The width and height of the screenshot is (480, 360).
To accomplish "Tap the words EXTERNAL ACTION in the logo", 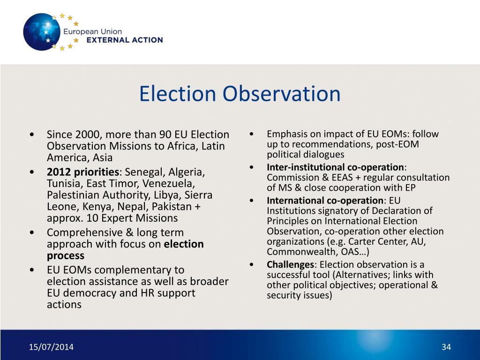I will click(125, 40).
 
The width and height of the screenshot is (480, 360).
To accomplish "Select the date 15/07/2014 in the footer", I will click(51, 347).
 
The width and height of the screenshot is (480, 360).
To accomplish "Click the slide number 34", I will click(446, 347).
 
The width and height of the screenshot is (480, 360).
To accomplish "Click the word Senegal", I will click(143, 171).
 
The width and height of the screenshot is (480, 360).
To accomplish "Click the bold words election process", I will click(125, 250).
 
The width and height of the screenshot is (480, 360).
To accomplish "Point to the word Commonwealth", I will click(295, 252).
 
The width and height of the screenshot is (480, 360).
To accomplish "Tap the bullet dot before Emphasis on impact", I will click(252, 134).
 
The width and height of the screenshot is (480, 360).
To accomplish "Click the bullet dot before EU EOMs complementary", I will click(31, 270).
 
